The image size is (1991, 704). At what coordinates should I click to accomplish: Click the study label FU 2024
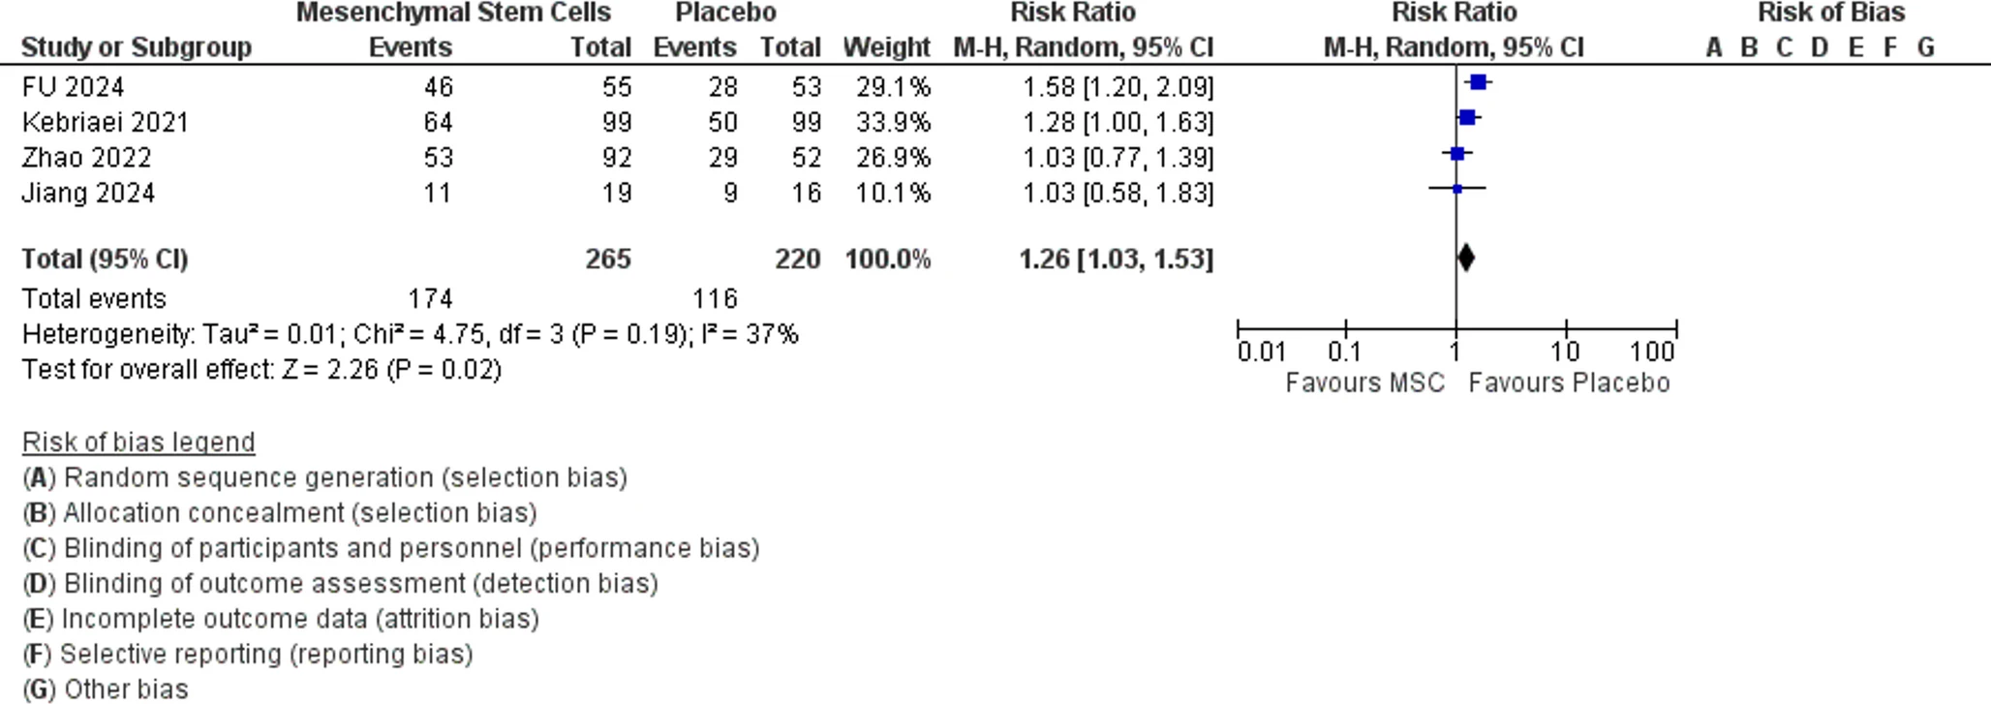point(73,87)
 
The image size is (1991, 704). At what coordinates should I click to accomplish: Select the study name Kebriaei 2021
point(105,123)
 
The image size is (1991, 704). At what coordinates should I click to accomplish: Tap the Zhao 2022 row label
point(86,158)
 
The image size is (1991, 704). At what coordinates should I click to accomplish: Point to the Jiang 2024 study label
point(88,194)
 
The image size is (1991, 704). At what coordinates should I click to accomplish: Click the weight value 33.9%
point(892,123)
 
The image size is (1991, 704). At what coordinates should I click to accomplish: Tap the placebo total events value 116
point(715,298)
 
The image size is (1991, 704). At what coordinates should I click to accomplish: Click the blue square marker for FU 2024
point(1478,83)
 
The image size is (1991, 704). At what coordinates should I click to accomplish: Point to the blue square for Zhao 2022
point(1457,154)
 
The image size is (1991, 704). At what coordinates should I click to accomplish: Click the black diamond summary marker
point(1466,258)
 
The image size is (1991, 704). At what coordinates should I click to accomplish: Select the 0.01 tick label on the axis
point(1261,352)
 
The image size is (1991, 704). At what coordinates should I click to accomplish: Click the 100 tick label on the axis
point(1651,352)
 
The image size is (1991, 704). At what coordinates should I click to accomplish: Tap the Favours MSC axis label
point(1364,383)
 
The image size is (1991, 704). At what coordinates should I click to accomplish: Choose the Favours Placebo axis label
point(1569,383)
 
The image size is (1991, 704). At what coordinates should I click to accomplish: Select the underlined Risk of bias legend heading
point(138,443)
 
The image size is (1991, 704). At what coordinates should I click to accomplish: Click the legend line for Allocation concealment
point(280,513)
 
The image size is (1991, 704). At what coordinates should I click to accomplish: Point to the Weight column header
point(886,47)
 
